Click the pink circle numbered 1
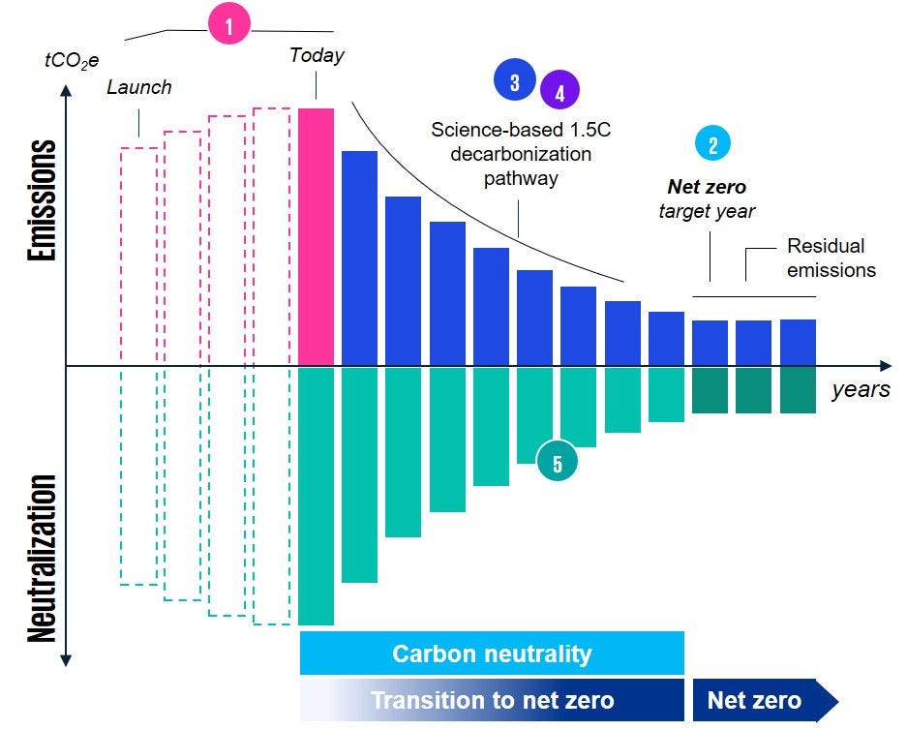click(x=229, y=27)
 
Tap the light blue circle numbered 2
click(x=713, y=144)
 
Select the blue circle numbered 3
click(x=514, y=82)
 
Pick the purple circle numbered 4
click(x=559, y=91)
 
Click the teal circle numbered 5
click(x=558, y=463)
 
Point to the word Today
click(x=317, y=55)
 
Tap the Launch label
click(x=139, y=87)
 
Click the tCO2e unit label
click(x=72, y=59)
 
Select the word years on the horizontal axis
click(x=860, y=390)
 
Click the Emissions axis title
click(x=41, y=201)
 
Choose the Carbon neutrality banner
click(x=492, y=654)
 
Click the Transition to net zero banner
click(x=492, y=700)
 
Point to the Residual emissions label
click(x=831, y=258)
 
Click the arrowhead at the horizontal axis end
click(x=885, y=366)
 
